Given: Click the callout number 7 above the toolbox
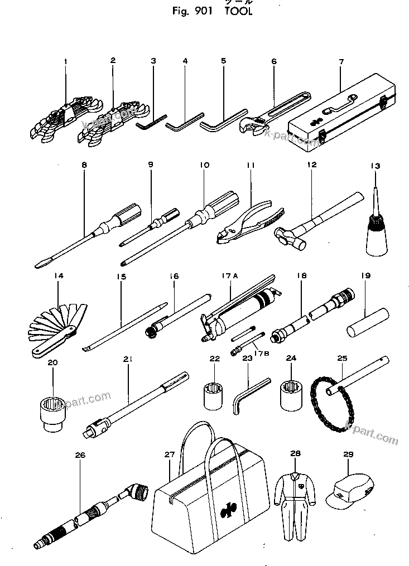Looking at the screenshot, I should pyautogui.click(x=341, y=61).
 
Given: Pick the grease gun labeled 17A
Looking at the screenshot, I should pyautogui.click(x=240, y=312).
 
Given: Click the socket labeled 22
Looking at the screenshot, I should pyautogui.click(x=214, y=397).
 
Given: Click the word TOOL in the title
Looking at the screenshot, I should pyautogui.click(x=239, y=12).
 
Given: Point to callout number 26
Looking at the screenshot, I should pyautogui.click(x=80, y=455).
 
